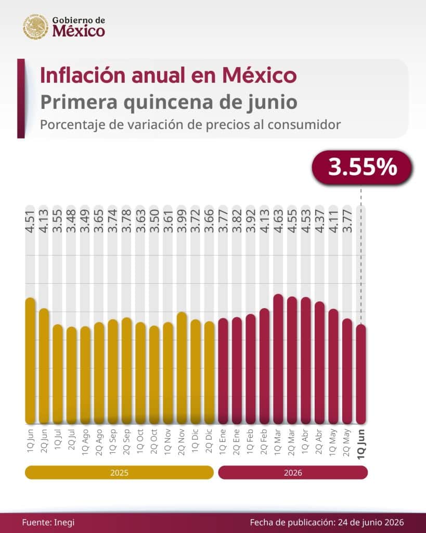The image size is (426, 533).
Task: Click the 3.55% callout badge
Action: tap(362, 168)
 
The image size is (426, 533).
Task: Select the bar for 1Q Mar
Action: tap(278, 359)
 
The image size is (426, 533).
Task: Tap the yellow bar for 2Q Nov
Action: tap(182, 368)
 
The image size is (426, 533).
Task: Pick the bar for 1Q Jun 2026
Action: tap(361, 374)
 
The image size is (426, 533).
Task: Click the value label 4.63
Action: tap(278, 221)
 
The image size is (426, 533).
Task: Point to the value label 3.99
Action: tap(182, 221)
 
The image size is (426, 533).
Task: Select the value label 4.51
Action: tap(30, 221)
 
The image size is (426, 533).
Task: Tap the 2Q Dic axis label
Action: tap(209, 441)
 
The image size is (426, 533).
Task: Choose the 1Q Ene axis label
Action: tap(223, 441)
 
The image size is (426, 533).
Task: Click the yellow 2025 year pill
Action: tap(119, 473)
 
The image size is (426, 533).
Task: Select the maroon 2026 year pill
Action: tap(293, 473)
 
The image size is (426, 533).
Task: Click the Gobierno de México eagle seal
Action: tap(36, 27)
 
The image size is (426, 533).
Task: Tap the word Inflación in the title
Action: tap(84, 75)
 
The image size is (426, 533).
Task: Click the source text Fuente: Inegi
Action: tap(48, 523)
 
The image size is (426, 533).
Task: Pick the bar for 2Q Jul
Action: tap(72, 375)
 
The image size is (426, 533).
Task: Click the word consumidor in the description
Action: tap(304, 125)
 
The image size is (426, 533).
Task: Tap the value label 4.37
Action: tap(320, 221)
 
